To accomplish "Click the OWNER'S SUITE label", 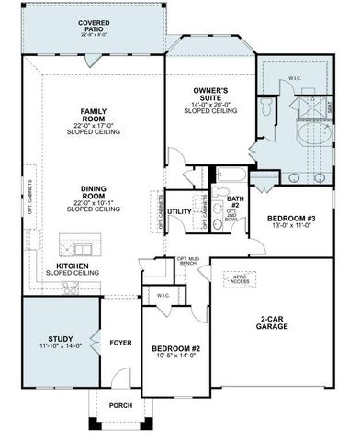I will [x=209, y=93].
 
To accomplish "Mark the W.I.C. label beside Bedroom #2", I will [x=163, y=295].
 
